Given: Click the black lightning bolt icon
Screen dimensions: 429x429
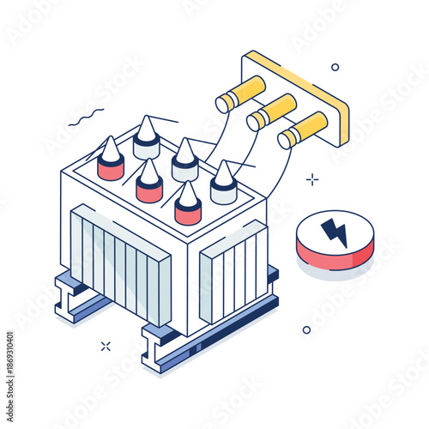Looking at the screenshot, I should [334, 232].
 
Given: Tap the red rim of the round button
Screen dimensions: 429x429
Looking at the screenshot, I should [334, 255].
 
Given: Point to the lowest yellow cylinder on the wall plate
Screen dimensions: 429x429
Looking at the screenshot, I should [303, 130].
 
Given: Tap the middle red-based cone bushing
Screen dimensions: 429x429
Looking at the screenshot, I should [149, 180].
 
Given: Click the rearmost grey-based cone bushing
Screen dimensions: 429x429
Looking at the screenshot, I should [146, 137].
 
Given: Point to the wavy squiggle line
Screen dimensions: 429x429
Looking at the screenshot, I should [86, 117].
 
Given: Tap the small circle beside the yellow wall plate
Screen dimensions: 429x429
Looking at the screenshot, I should [335, 67].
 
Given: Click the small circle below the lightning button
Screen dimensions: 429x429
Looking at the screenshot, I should [306, 329].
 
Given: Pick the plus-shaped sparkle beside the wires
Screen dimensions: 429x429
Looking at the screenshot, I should [312, 179].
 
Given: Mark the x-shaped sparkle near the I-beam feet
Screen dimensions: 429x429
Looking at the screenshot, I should [106, 346].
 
